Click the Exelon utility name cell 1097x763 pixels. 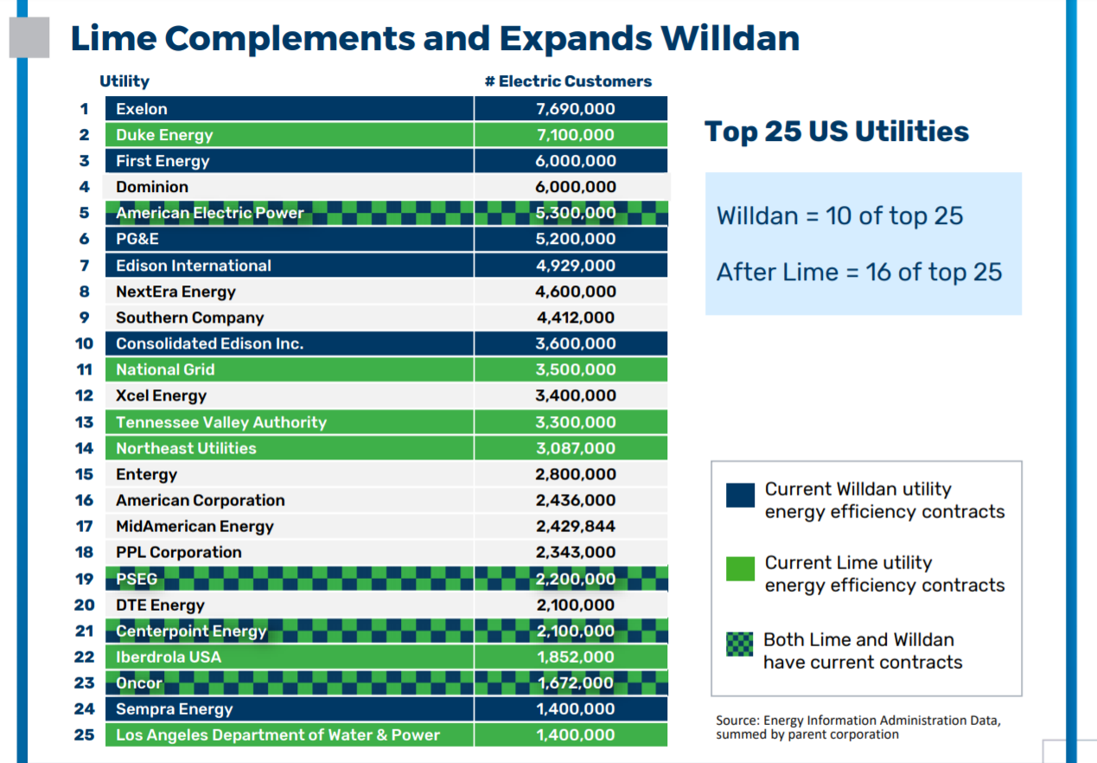142,109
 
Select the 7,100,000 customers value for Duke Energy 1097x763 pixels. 575,135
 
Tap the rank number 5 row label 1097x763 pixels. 84,213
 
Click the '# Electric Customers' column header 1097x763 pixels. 568,81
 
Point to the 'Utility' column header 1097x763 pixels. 124,81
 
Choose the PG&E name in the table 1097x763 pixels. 137,239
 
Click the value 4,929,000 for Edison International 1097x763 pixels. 575,266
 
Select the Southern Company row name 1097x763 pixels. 189,317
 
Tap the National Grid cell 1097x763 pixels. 165,369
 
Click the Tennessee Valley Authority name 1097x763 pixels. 221,422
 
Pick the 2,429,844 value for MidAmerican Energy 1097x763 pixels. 575,526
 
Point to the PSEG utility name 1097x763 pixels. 137,579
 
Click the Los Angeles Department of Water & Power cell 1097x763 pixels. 277,735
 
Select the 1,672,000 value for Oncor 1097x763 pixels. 575,683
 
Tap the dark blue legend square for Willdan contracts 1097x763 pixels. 740,495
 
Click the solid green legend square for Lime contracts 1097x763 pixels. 740,567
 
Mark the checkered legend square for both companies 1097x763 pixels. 740,644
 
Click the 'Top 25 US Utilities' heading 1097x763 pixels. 837,131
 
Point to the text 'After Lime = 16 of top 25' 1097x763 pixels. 859,272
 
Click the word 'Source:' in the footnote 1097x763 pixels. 736,721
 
